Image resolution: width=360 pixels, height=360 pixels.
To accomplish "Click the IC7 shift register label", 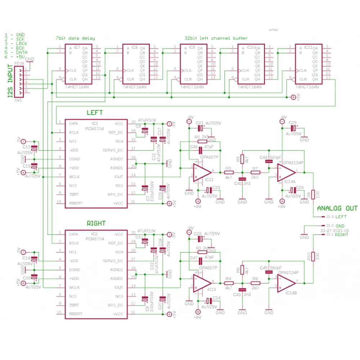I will (x=77, y=48).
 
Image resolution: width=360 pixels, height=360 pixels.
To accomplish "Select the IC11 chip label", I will (x=308, y=48).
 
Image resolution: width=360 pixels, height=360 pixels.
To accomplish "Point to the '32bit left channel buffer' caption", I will (x=216, y=38).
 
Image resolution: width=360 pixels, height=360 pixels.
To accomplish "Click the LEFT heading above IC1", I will (x=95, y=113).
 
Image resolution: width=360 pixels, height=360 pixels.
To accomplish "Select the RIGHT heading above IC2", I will (x=96, y=223).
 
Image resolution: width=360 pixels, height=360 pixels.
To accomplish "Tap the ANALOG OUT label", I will (x=337, y=208).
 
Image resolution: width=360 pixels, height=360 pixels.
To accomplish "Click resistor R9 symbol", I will (x=313, y=194).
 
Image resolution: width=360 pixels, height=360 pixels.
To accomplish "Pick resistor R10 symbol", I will (x=313, y=256).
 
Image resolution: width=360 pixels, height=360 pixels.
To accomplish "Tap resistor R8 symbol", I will (x=255, y=283).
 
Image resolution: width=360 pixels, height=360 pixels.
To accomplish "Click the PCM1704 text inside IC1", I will (x=95, y=128).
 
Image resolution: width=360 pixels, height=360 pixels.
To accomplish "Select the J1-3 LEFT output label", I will (x=336, y=217).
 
